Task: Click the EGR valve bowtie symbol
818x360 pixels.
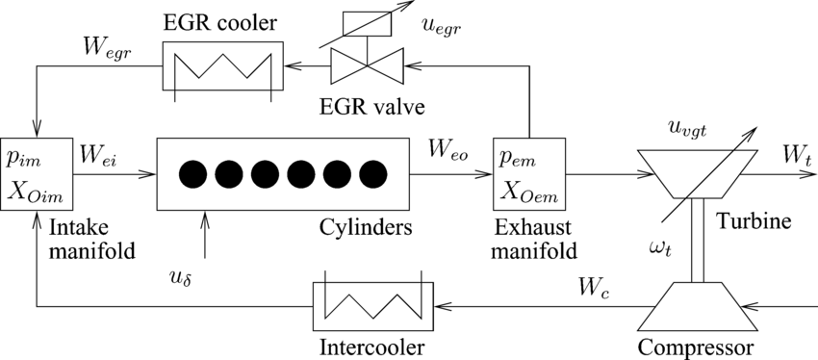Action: click(x=367, y=66)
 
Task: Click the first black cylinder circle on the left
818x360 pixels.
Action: click(x=192, y=174)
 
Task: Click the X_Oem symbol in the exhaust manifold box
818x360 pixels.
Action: click(x=528, y=190)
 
